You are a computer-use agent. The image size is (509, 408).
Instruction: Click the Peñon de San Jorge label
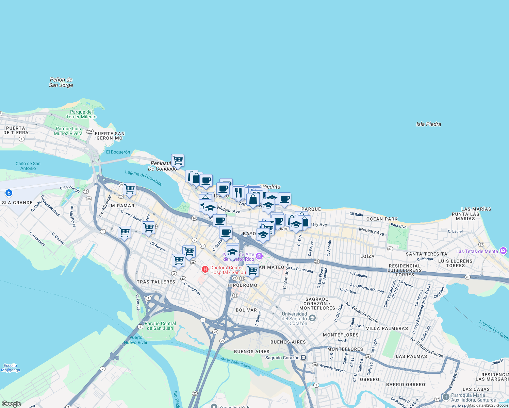[x=61, y=82]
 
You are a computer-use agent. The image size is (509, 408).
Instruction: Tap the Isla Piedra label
[x=428, y=124]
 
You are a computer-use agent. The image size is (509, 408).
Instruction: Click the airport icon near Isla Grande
[x=9, y=193]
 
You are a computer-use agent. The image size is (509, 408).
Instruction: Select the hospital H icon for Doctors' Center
[x=205, y=269]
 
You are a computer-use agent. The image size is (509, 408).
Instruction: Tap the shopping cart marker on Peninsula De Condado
[x=178, y=160]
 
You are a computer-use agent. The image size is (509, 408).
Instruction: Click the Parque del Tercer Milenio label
[x=81, y=114]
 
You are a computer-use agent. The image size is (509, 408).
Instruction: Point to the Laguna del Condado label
[x=144, y=178]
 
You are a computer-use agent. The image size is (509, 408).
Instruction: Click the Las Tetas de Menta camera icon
[x=504, y=251]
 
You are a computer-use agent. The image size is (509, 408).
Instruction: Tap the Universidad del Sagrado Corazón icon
[x=312, y=318]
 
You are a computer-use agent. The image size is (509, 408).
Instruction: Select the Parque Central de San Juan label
[x=160, y=326]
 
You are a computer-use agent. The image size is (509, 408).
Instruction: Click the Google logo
[x=11, y=404]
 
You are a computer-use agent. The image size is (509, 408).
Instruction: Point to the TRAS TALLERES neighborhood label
[x=156, y=282]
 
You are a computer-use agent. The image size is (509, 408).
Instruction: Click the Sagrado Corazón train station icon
[x=303, y=358]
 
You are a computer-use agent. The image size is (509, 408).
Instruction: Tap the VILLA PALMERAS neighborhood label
[x=387, y=328]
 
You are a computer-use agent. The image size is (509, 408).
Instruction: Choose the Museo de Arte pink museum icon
[x=259, y=256]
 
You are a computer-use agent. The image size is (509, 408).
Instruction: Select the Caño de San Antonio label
[x=28, y=166]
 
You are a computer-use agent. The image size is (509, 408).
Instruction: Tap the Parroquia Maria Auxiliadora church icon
[x=446, y=397]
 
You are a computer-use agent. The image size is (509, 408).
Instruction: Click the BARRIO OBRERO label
[x=406, y=385]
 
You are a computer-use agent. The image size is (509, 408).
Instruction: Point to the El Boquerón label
[x=118, y=152]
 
